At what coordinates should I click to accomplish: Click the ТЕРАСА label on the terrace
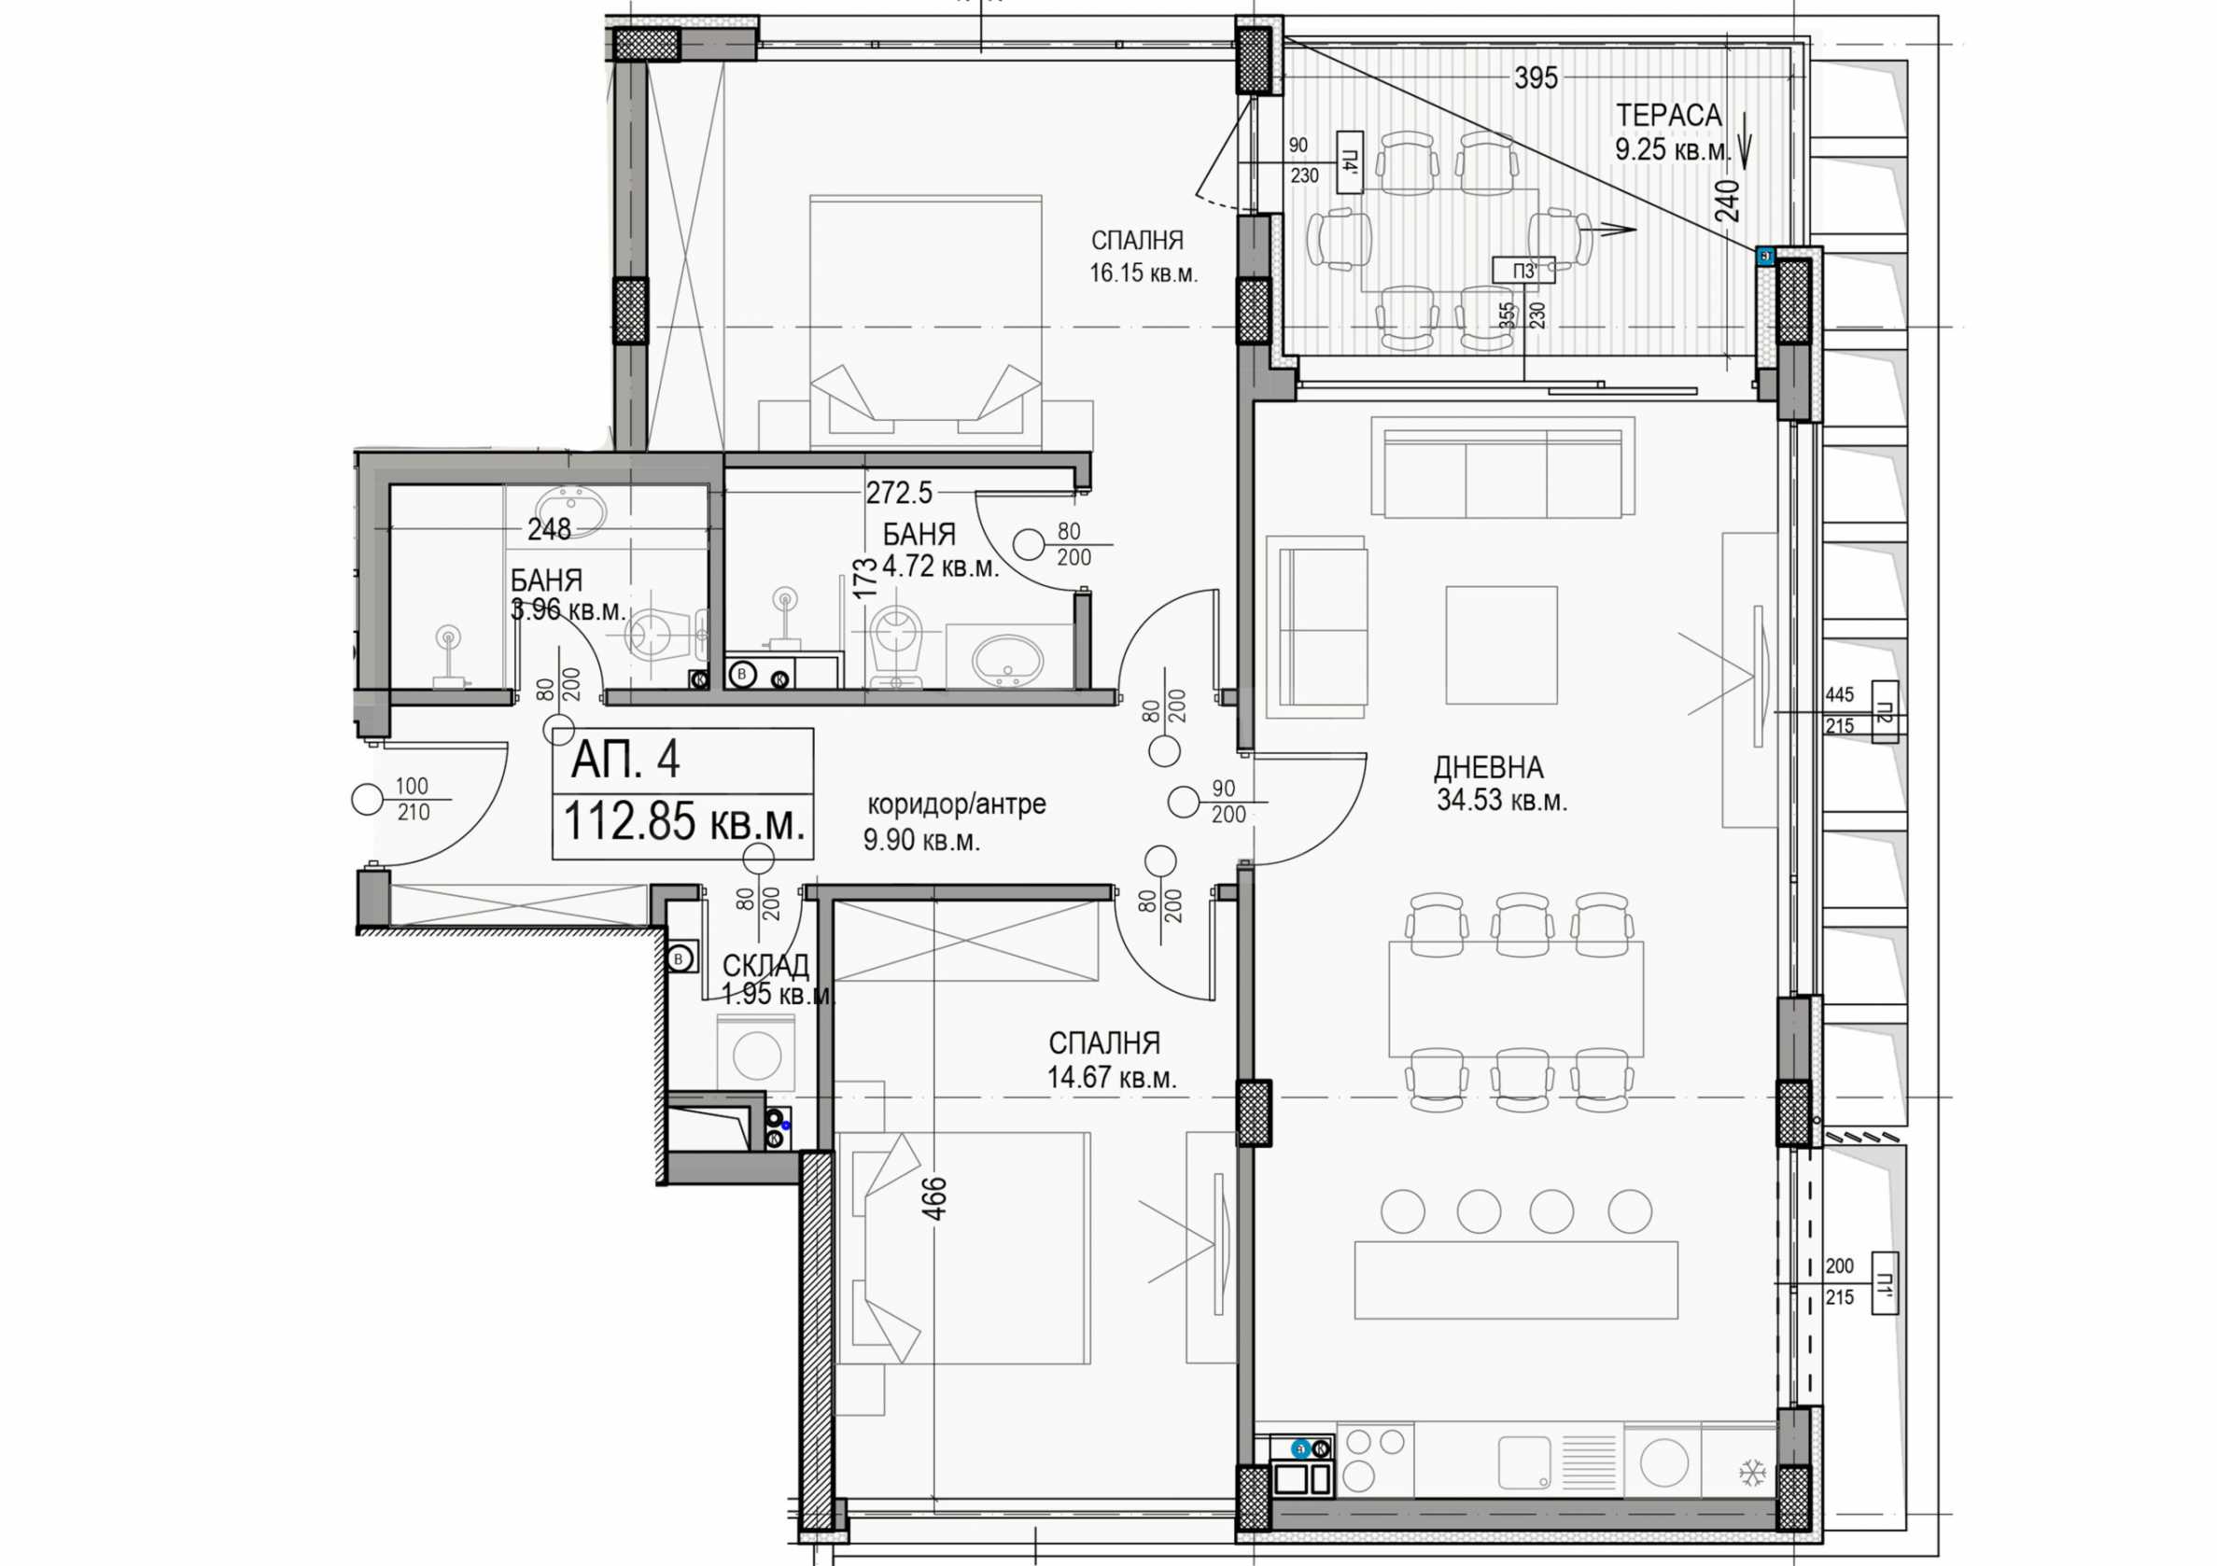(x=1668, y=115)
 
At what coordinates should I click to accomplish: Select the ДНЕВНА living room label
(x=1488, y=768)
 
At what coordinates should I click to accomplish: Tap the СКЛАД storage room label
(x=765, y=966)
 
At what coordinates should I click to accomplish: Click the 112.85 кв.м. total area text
(x=683, y=822)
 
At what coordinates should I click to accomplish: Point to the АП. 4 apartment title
(x=625, y=760)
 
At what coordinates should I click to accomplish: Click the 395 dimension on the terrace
(x=1536, y=78)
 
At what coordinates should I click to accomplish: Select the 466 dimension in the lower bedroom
(x=934, y=1199)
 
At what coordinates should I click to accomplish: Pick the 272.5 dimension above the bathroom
(x=899, y=494)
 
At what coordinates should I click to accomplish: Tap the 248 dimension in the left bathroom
(x=550, y=529)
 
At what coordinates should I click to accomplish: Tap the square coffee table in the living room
(x=1502, y=645)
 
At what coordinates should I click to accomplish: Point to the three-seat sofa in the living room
(x=1503, y=470)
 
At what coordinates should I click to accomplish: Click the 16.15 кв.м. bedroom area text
(x=1144, y=274)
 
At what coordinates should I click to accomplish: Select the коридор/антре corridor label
(x=956, y=804)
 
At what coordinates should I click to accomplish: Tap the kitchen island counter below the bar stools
(x=1516, y=1280)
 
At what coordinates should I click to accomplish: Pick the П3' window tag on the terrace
(x=1523, y=272)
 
